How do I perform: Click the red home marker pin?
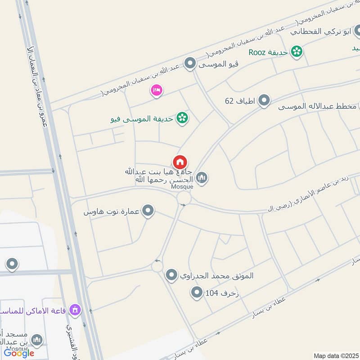click(180, 162)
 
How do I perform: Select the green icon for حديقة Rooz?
click(297, 52)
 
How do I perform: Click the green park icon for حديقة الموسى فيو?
click(182, 118)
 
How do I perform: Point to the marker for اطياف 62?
click(264, 101)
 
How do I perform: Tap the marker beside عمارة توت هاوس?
click(148, 210)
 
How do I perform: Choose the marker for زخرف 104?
click(197, 293)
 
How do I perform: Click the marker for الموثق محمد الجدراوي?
click(171, 274)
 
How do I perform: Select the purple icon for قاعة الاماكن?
click(75, 310)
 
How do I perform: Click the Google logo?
click(19, 353)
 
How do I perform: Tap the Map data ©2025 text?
click(335, 355)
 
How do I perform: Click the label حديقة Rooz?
click(269, 52)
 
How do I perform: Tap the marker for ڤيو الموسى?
click(190, 63)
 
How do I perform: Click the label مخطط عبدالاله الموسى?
click(317, 107)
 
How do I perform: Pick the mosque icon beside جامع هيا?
click(202, 178)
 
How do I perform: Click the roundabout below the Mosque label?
click(184, 198)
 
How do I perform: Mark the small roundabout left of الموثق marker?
click(157, 266)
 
